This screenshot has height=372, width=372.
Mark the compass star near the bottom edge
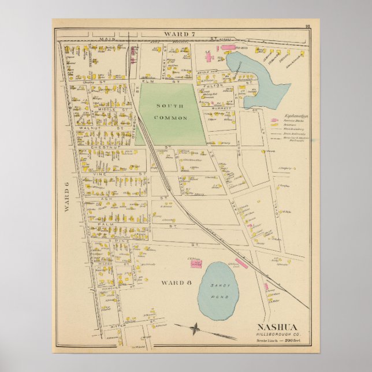(x=196, y=328)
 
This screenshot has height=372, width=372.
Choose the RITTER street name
(x=119, y=326)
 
